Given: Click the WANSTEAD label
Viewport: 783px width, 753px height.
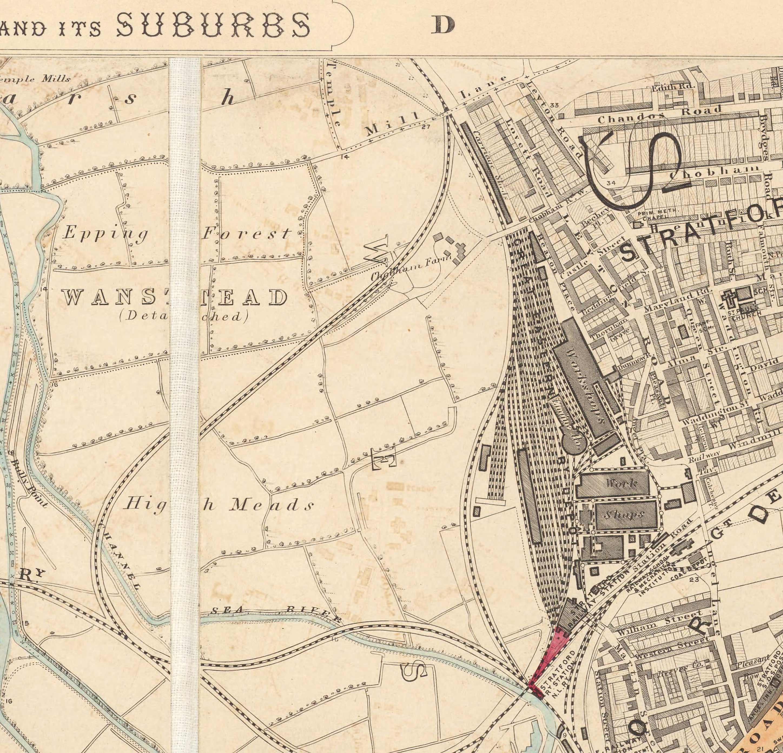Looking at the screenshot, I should coord(174,298).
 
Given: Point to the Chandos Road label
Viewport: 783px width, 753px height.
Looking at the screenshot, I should coord(659,114).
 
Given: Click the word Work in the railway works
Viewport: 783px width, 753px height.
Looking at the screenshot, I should coord(620,483).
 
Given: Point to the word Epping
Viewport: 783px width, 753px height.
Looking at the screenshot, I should coord(105,233).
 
